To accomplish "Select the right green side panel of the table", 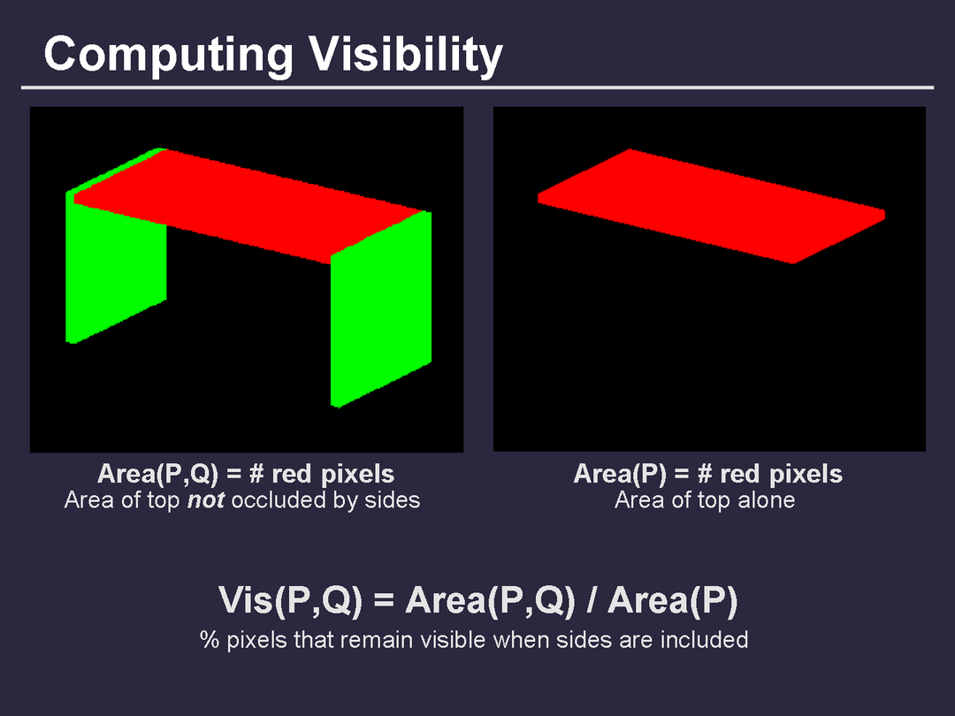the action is pos(381,308).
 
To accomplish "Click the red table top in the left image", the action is pos(249,204).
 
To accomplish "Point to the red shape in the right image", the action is pos(711,206).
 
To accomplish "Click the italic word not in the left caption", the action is pos(206,499).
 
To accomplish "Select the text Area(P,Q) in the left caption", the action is pos(157,474).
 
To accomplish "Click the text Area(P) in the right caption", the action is pos(620,474).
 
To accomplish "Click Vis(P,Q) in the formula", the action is pos(290,599).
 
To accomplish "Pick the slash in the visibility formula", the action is pos(592,599).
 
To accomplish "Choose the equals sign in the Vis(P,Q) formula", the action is pos(384,600).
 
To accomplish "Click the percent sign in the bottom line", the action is pos(209,640).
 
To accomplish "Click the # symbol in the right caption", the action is pos(705,474).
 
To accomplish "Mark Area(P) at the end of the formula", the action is pos(673,599).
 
